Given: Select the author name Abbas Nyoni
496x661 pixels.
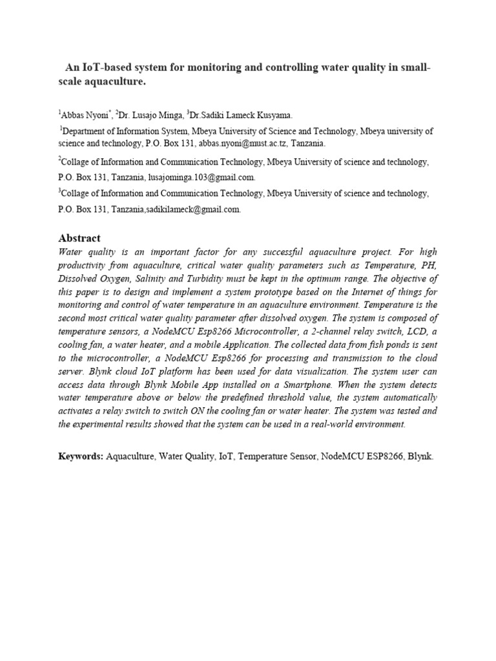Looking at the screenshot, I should (x=85, y=116).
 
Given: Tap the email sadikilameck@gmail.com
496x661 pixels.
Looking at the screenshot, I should (x=194, y=209).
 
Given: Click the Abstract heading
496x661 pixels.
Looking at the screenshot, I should (x=79, y=238).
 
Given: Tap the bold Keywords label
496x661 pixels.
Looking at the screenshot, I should (x=81, y=456).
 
